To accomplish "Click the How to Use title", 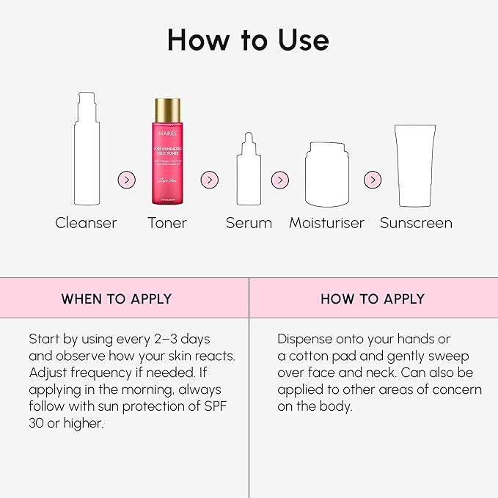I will click(x=248, y=40).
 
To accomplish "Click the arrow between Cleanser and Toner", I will click(x=127, y=180).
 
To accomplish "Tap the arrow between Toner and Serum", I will click(x=210, y=180).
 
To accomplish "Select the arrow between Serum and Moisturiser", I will click(x=279, y=180).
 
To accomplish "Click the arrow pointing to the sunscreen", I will click(x=373, y=180).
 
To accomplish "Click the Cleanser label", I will click(x=86, y=223).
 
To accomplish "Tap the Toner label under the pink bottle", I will click(x=166, y=223).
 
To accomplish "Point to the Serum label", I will click(x=249, y=223).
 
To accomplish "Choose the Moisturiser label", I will click(x=326, y=223).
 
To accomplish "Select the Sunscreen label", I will click(x=416, y=223).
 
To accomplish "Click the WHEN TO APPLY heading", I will click(x=116, y=299).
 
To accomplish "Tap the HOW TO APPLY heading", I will click(x=373, y=299).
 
